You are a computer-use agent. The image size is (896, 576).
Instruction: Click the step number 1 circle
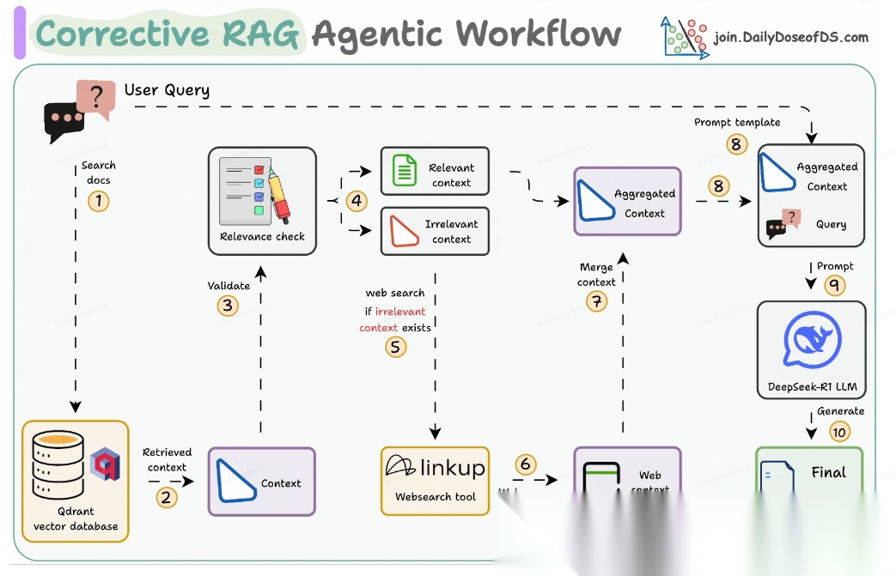coord(99,202)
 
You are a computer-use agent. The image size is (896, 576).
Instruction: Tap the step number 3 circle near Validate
coord(228,306)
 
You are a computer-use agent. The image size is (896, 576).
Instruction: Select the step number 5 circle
coord(395,347)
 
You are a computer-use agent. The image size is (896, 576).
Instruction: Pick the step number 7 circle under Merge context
coord(596,301)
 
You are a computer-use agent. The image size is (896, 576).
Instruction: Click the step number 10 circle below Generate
coord(840,431)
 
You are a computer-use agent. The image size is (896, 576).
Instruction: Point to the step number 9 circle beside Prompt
coord(833,285)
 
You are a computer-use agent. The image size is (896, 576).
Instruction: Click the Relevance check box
coord(262,201)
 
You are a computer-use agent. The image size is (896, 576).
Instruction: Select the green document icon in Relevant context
coord(404,170)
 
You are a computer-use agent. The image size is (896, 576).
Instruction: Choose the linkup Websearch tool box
coord(435,480)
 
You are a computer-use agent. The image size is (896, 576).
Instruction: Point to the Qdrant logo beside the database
coord(105,464)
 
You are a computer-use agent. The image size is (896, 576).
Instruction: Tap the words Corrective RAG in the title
coord(168,34)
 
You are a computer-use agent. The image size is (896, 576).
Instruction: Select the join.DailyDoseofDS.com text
coord(790,38)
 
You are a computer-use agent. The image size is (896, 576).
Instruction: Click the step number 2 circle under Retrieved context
coord(167,496)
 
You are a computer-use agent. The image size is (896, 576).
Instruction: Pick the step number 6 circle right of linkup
coord(526,465)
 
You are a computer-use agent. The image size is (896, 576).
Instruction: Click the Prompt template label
coord(737,123)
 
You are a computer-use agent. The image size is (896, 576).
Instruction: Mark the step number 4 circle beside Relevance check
coord(357,201)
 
